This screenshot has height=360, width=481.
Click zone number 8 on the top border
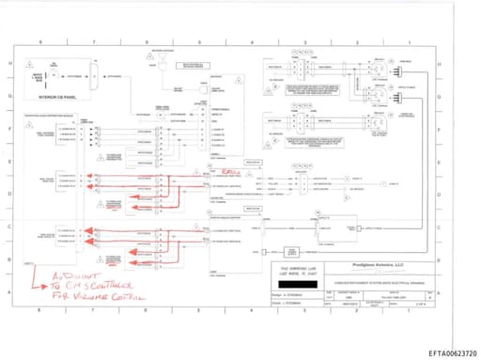(x=40, y=43)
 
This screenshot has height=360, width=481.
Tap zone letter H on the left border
(x=10, y=63)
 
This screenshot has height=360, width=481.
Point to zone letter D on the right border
(x=442, y=193)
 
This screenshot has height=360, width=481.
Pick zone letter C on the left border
(x=10, y=227)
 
